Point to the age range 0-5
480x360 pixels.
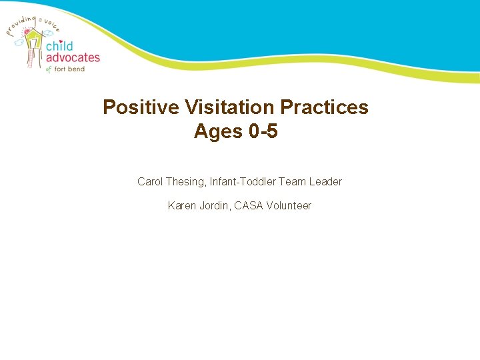point(263,131)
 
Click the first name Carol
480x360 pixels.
point(150,181)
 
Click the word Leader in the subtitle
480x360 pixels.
point(325,181)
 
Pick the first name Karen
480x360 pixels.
point(182,205)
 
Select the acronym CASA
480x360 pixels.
point(249,205)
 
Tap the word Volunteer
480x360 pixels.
point(289,205)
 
